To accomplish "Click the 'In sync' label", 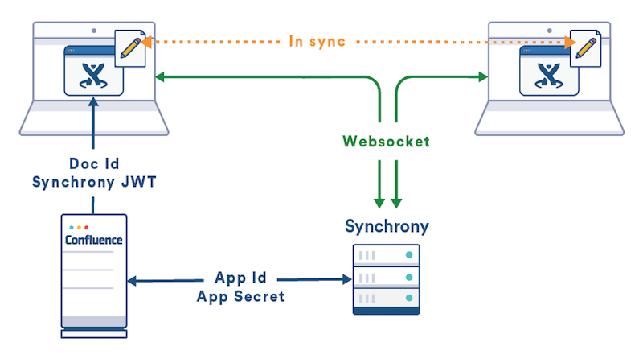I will (318, 40).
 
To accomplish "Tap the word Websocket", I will (386, 142).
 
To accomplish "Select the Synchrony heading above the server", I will (387, 226).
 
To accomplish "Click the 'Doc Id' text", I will (94, 165).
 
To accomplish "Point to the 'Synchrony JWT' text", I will (94, 183).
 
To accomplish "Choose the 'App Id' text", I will (241, 278).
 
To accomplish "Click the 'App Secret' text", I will (241, 295).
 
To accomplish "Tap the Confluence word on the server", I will (94, 240).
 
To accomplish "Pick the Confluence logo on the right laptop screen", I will (549, 74).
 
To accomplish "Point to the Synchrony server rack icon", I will (387, 278).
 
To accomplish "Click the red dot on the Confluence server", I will (87, 228).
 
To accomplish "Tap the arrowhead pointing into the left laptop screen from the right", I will (160, 77).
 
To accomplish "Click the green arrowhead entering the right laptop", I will (484, 77).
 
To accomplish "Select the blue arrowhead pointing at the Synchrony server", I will (348, 279).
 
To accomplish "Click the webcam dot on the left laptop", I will (94, 31).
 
